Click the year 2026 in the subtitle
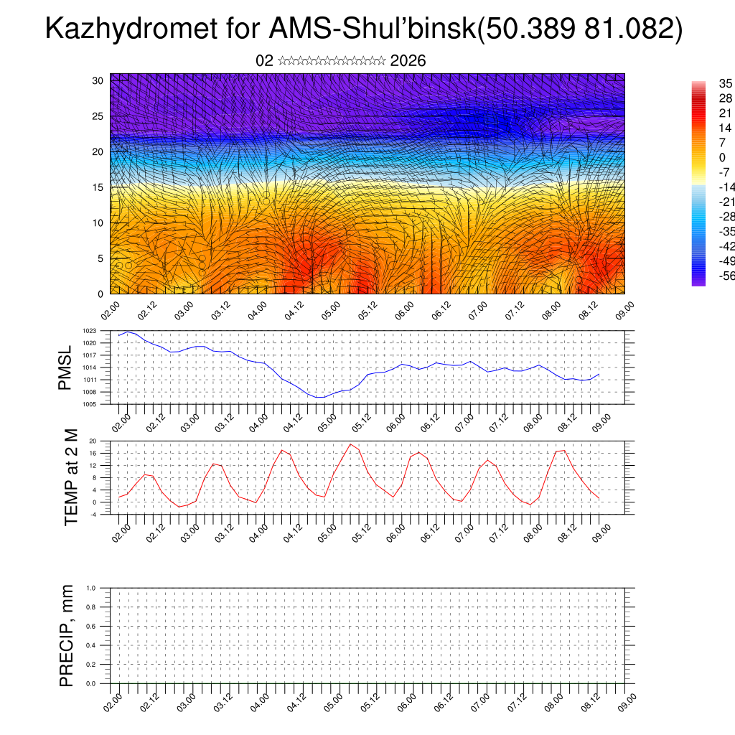click(408, 61)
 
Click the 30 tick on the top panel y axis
click(98, 80)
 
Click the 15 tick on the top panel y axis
click(98, 187)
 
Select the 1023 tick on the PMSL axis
click(90, 331)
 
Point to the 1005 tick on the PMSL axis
click(90, 404)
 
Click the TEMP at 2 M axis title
click(71, 477)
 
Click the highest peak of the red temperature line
click(350, 444)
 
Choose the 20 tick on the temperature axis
click(93, 441)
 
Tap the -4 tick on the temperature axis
click(93, 514)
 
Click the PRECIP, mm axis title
click(67, 635)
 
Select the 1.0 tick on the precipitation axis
click(91, 588)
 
